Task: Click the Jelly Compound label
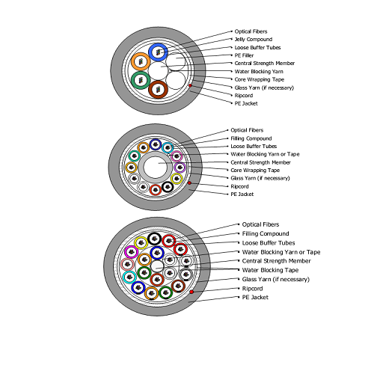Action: coord(254,40)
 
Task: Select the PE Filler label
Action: coord(244,55)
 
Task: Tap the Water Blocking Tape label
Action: coord(270,270)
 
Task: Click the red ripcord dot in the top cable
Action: coord(190,85)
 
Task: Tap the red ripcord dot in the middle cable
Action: coord(189,183)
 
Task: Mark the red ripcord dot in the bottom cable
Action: coord(191,292)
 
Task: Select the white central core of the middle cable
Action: coord(155,167)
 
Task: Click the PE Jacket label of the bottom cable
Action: coord(255,297)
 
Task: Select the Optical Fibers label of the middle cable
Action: coord(247,130)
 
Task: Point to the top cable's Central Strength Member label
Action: coord(265,64)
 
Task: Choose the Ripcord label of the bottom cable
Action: coord(252,289)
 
